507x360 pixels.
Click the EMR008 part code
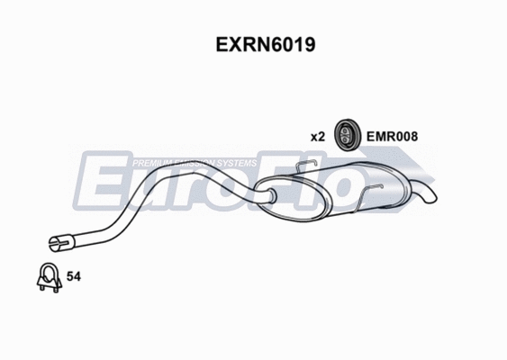click(x=392, y=137)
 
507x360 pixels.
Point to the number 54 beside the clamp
click(x=75, y=279)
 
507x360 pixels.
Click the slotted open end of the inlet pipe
click(x=55, y=240)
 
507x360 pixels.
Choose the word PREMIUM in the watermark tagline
click(x=149, y=163)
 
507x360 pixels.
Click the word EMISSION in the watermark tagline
click(x=193, y=163)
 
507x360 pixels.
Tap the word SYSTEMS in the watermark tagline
click(x=238, y=163)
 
